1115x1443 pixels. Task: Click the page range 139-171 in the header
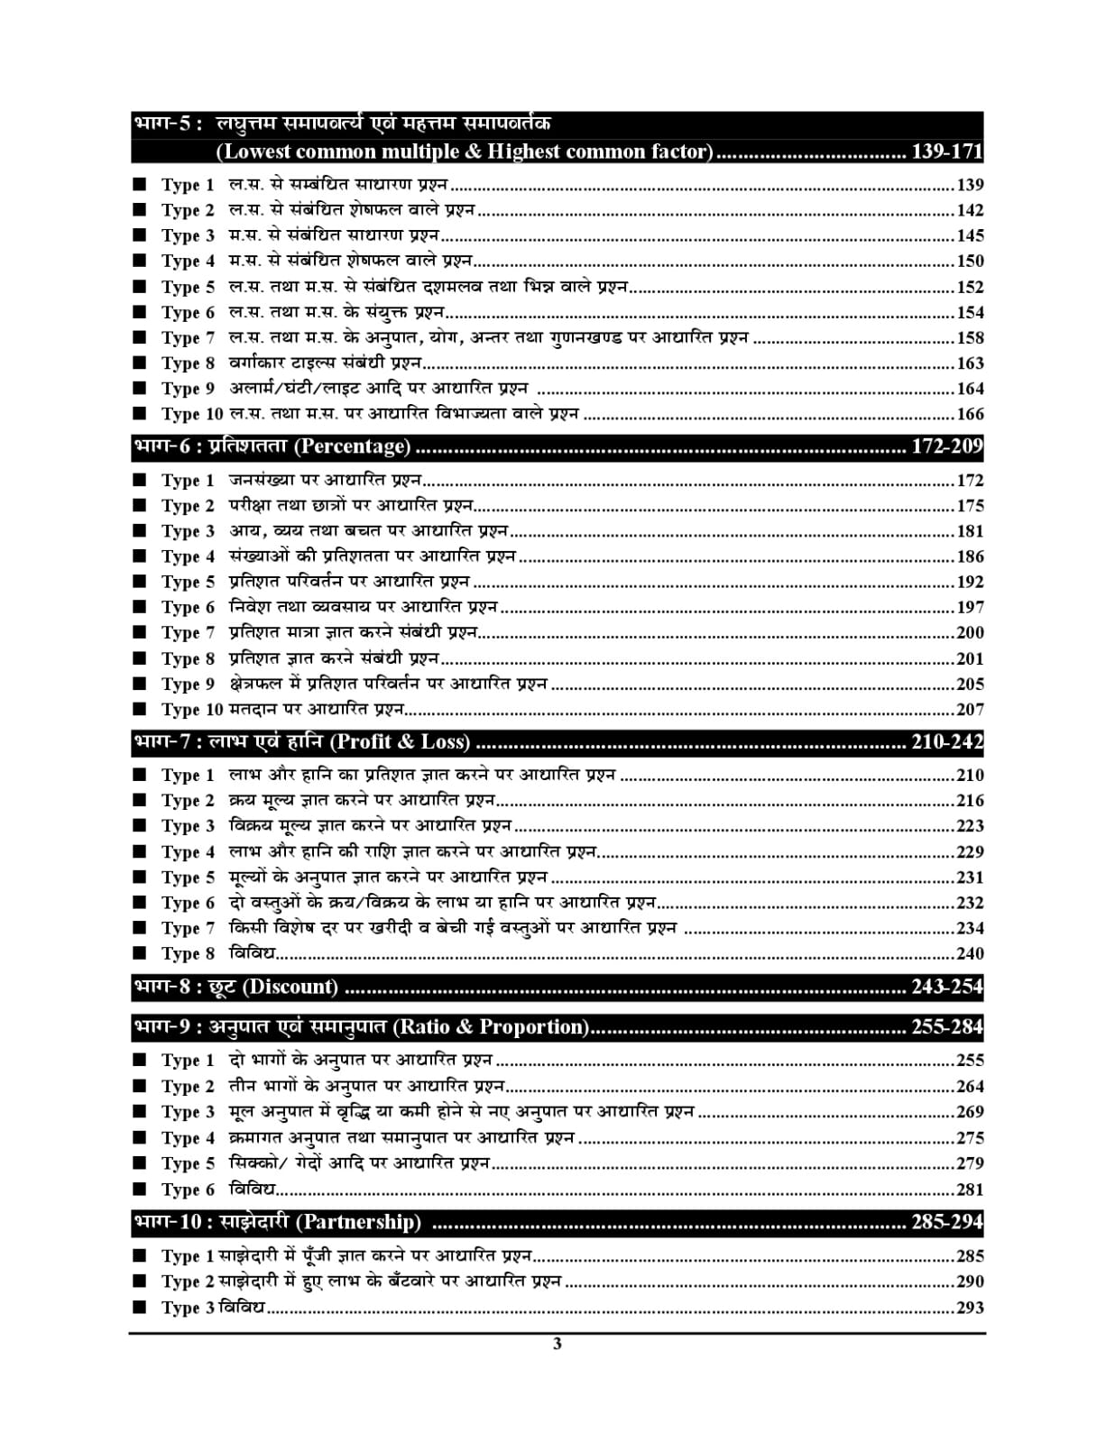tap(946, 152)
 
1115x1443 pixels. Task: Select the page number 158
tap(970, 338)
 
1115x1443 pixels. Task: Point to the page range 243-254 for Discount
tap(946, 987)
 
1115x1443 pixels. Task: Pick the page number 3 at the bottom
tap(557, 1344)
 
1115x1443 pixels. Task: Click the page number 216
tap(970, 801)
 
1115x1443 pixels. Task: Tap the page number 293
tap(970, 1308)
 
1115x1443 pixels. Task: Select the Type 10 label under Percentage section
tap(191, 710)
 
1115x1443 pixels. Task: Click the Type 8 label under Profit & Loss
tap(188, 953)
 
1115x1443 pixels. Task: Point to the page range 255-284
tap(946, 1027)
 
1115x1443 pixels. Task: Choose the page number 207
tap(970, 710)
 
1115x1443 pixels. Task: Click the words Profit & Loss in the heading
tap(401, 742)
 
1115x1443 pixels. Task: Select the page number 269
tap(970, 1112)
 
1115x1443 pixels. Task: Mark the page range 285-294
tap(946, 1223)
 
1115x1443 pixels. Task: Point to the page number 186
tap(970, 557)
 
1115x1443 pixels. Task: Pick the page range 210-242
tap(946, 742)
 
